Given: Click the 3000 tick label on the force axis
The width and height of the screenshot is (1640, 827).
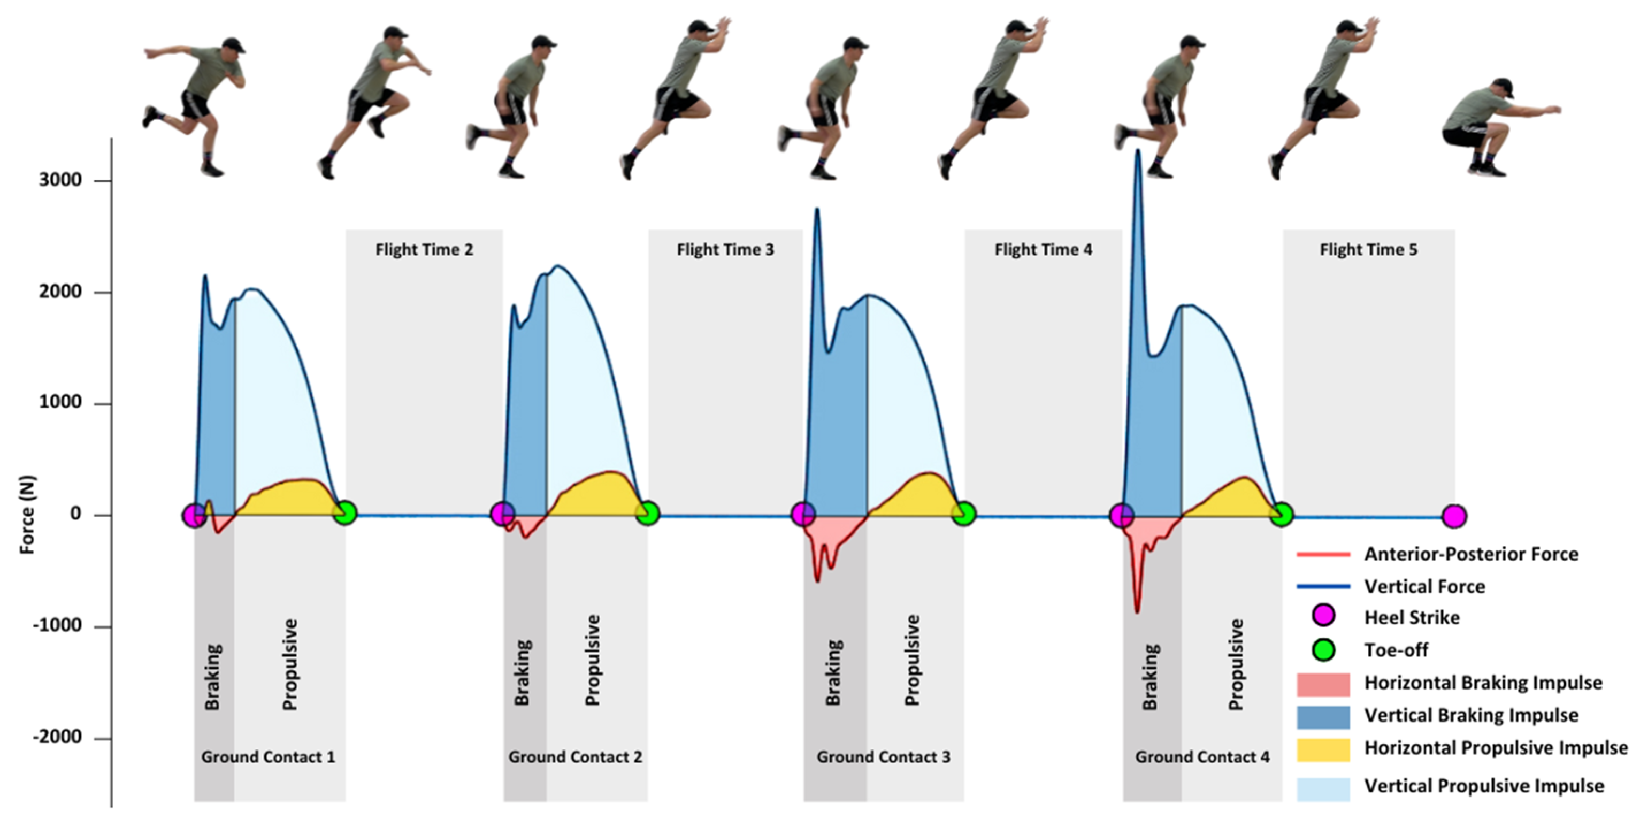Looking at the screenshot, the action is coord(60,180).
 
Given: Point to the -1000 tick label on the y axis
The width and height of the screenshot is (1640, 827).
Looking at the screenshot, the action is coord(57,626).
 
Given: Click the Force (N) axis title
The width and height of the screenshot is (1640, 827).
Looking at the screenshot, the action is coord(27,515).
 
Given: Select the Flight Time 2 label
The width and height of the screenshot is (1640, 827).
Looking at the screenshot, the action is coord(424,250).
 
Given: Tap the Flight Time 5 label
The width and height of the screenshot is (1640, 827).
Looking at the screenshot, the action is coord(1369,250).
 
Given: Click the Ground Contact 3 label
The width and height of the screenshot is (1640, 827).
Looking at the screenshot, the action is coord(884,757).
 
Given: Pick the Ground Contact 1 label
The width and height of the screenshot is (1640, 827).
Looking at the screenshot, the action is coord(268,757).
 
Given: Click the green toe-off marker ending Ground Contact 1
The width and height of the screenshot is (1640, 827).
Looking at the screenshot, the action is coord(344,512).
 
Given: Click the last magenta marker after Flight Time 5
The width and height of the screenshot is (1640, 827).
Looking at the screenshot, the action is coord(1454,516).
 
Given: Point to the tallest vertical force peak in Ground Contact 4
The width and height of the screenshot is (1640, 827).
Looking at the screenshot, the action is coord(1138,151).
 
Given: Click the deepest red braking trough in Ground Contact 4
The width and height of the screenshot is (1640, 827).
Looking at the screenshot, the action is coord(1138,611).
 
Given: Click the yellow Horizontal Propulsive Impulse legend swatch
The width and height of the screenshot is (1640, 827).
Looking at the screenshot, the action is coord(1323,749).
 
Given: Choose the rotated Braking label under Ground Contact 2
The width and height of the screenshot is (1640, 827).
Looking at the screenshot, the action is coord(522,672).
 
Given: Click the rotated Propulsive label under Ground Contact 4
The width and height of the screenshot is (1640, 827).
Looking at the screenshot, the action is coord(1236,664).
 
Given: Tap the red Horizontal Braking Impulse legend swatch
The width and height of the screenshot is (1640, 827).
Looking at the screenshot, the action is coord(1323,684).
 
